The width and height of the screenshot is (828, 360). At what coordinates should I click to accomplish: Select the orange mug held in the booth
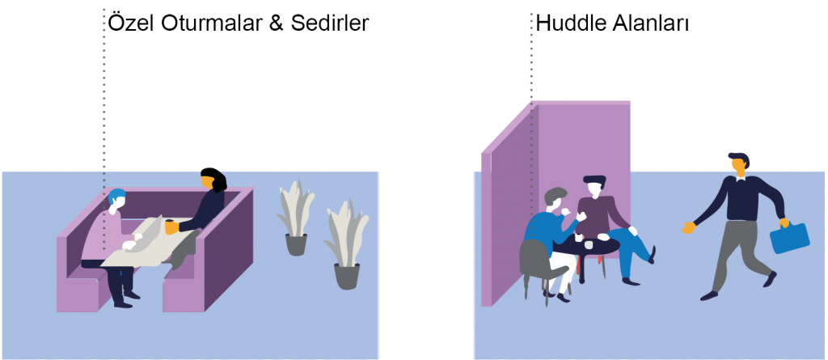[x=171, y=227]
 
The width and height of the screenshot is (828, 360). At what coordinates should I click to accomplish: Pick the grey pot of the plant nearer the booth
[x=296, y=244]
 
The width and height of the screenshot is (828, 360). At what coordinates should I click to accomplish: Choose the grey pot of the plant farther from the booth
[x=347, y=276]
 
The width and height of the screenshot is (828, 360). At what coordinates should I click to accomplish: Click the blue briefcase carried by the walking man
[x=789, y=238]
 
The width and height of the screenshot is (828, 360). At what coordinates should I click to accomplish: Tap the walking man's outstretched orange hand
[x=688, y=227]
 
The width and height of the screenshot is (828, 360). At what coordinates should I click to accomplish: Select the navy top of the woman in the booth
[x=209, y=210]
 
